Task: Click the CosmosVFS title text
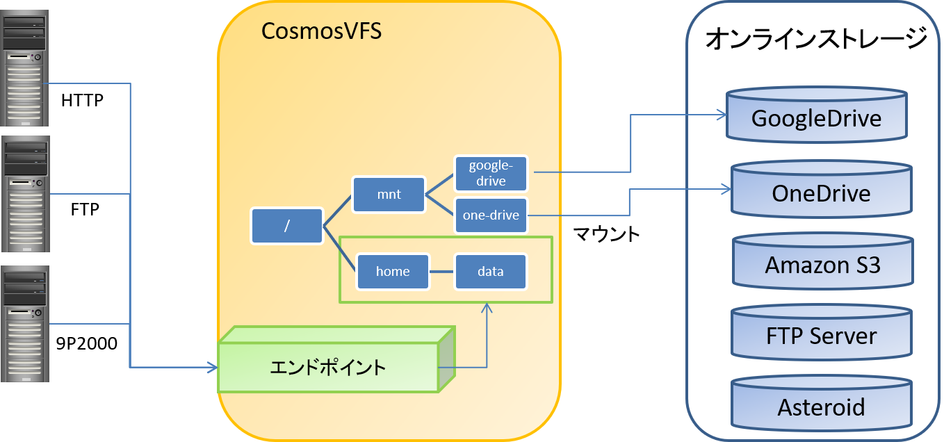coord(321,31)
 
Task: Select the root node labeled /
coord(287,226)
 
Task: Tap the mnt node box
coord(389,195)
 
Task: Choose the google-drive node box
coord(491,173)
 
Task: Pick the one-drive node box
coord(491,215)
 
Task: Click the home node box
coord(393,271)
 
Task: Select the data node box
coord(490,271)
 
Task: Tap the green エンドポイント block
coord(328,367)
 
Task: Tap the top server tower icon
coord(26,68)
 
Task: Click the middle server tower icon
coord(26,194)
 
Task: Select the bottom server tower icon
coord(26,324)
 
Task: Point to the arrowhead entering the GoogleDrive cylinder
coord(721,114)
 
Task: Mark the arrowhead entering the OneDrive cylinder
coord(725,188)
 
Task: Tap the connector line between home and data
coord(442,271)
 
